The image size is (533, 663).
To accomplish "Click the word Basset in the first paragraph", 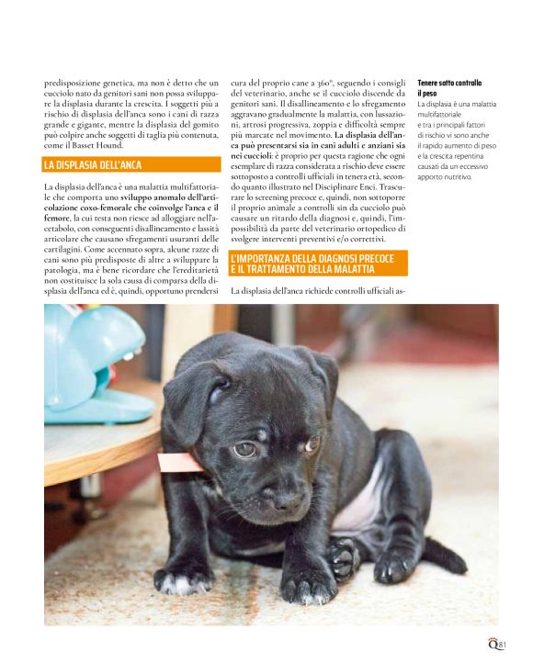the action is (x=96, y=145).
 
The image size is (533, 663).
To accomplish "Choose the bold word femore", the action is (x=57, y=218).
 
